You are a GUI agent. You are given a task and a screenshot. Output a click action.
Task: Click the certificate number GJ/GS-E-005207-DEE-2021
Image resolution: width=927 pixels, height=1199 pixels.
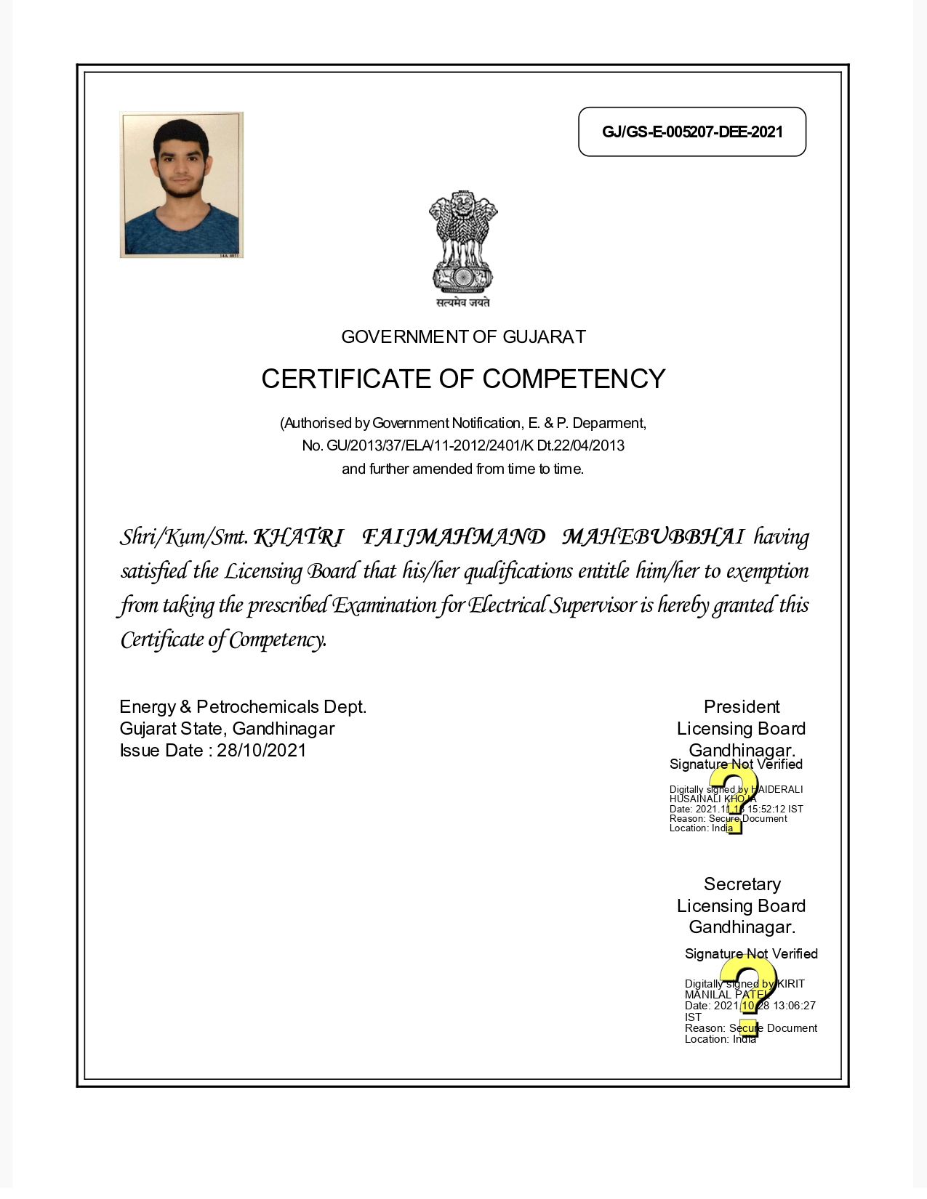(x=692, y=132)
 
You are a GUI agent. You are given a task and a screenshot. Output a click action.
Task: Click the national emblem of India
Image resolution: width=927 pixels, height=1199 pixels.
(x=463, y=242)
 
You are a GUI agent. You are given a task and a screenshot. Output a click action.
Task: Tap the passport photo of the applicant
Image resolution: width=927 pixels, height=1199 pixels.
(x=181, y=185)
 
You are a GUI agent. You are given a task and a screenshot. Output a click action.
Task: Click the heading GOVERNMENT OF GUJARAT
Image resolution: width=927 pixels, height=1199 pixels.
(x=463, y=337)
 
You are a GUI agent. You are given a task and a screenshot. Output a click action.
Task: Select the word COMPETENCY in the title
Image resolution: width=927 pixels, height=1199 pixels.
(x=574, y=379)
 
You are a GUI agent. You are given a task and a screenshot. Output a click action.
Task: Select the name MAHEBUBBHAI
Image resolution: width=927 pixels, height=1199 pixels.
(x=653, y=538)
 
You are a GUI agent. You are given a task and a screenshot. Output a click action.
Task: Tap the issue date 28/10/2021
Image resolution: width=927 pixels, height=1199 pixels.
(x=262, y=751)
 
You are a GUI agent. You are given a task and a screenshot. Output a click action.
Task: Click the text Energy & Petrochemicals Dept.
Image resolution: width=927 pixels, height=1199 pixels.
(x=243, y=707)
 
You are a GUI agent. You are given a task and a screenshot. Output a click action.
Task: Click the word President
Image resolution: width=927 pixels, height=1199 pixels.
(x=742, y=707)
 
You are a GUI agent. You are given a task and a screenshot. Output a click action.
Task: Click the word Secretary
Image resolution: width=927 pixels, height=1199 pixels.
(x=742, y=884)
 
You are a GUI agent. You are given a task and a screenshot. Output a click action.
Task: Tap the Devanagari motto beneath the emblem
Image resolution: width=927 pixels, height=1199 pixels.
(x=463, y=303)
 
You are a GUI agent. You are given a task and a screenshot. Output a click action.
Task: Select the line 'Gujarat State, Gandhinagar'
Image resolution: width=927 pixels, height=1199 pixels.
(x=227, y=729)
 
